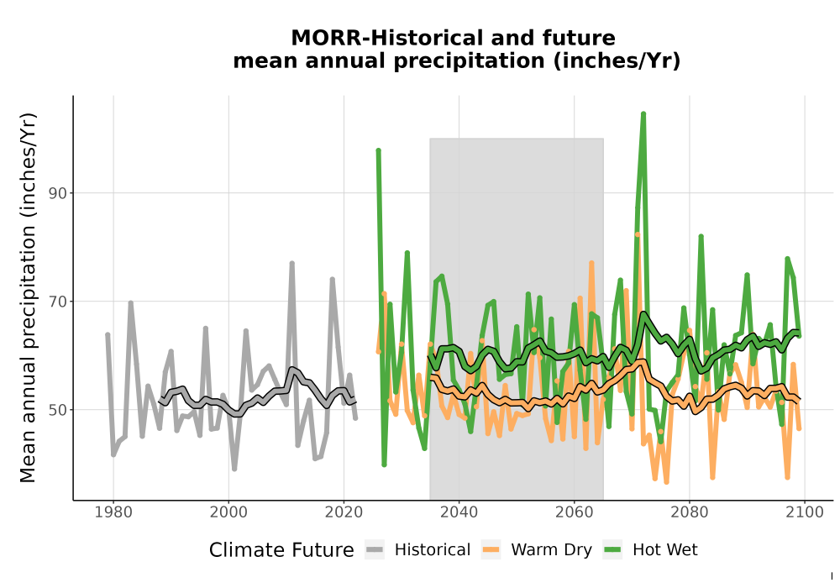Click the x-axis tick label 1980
click(x=113, y=512)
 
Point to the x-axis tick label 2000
click(x=228, y=512)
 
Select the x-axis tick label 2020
click(x=344, y=512)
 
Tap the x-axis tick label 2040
click(x=459, y=512)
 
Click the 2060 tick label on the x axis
click(x=574, y=512)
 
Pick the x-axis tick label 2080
click(x=689, y=512)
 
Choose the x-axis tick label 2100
click(x=804, y=512)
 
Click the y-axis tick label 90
click(x=58, y=193)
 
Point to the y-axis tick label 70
click(x=58, y=302)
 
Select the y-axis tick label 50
click(x=58, y=410)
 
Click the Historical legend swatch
click(x=375, y=549)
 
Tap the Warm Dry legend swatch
click(x=491, y=549)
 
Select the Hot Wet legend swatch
click(x=612, y=549)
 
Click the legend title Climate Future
click(x=281, y=550)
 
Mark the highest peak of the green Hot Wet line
click(x=643, y=113)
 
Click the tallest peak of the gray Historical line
click(x=292, y=263)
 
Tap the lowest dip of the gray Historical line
click(x=234, y=469)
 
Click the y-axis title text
click(x=28, y=297)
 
